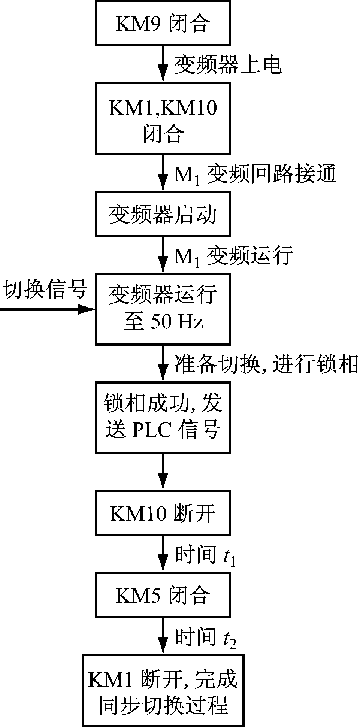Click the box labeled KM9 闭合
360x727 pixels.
pyautogui.click(x=163, y=23)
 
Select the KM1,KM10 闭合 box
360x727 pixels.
pyautogui.click(x=163, y=118)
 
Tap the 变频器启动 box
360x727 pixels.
pyautogui.click(x=163, y=215)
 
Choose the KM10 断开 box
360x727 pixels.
pyautogui.click(x=163, y=513)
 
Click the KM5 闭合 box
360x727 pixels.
pyautogui.click(x=163, y=595)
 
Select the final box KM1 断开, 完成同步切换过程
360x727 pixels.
pyautogui.click(x=163, y=690)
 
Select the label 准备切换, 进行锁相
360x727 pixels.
pyautogui.click(x=266, y=363)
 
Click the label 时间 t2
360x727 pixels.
pyautogui.click(x=205, y=637)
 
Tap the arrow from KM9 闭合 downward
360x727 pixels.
pyautogui.click(x=163, y=64)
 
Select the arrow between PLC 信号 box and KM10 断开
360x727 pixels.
pyautogui.click(x=163, y=472)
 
